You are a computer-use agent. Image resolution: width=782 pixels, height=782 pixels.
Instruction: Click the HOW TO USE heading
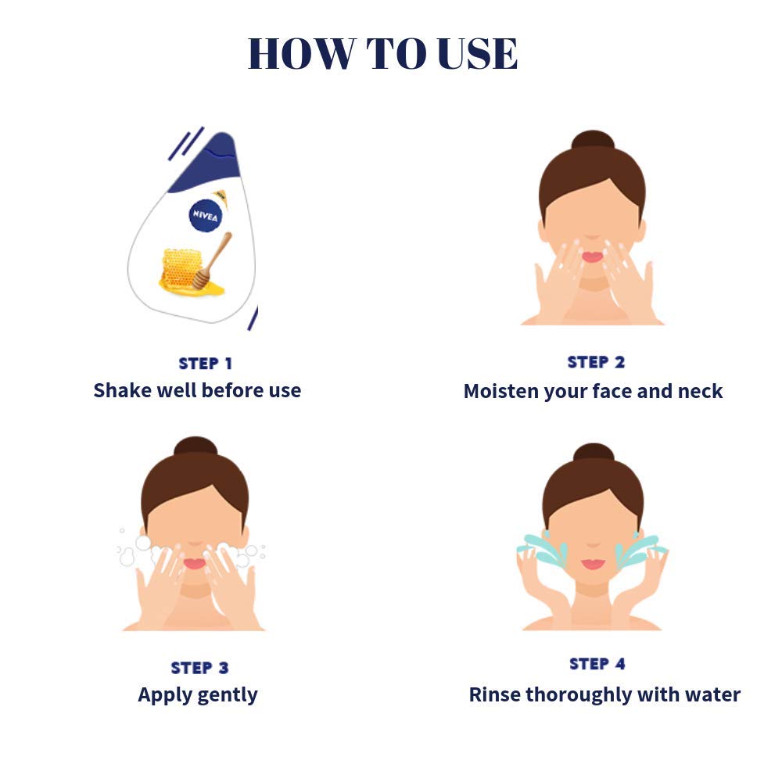(x=382, y=53)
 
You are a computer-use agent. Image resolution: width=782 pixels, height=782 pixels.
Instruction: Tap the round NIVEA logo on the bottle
(x=206, y=216)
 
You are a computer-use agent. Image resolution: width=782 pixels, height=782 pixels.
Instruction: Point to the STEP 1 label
(x=205, y=364)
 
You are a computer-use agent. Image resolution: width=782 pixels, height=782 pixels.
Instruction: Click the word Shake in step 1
(x=123, y=390)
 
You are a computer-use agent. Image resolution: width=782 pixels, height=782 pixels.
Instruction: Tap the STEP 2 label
(x=596, y=362)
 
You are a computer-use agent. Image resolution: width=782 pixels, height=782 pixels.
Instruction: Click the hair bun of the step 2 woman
(x=593, y=140)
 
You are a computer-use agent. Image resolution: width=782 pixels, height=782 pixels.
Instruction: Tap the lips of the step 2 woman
(x=593, y=257)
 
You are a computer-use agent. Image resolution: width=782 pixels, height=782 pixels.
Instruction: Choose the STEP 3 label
(x=199, y=668)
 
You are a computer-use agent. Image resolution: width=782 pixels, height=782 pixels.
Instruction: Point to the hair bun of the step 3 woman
(x=195, y=447)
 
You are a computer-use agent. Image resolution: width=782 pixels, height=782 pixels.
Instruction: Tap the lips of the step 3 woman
(x=195, y=564)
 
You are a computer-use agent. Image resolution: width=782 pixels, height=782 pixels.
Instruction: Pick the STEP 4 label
(x=597, y=664)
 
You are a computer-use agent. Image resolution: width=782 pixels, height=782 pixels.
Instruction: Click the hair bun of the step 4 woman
(x=594, y=453)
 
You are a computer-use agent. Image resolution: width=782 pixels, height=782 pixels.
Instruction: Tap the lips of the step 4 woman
(x=593, y=565)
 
